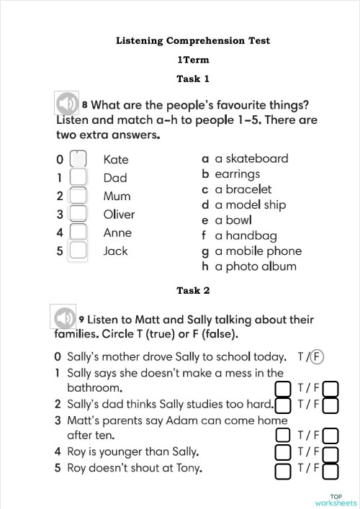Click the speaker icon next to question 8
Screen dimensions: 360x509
coord(66,103)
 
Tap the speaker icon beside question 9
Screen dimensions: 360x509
coord(63,317)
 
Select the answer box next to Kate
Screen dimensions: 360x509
coord(78,159)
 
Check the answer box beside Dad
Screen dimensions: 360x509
coord(78,177)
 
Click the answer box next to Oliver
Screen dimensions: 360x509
coord(78,214)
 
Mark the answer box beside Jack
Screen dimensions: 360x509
coord(78,251)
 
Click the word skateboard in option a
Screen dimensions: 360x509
coord(256,158)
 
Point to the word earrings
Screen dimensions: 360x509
coord(237,174)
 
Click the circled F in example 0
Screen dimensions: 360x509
coord(318,356)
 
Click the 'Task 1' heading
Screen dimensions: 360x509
coord(193,78)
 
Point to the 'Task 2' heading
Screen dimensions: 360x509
coord(193,291)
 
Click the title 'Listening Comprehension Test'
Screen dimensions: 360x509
coord(193,41)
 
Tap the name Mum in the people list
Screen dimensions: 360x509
coord(117,196)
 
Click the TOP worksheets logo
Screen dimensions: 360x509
coord(336,500)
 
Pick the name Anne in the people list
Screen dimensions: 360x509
coord(117,233)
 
